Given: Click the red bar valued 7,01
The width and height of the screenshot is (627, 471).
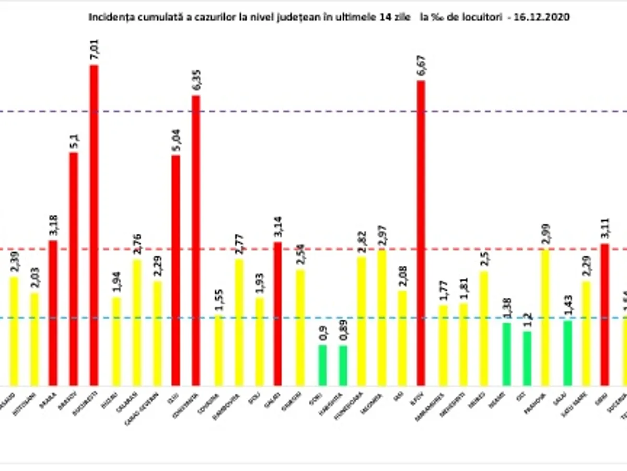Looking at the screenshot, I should point(94,225).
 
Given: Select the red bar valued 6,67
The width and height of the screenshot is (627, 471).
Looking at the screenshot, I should point(421,233).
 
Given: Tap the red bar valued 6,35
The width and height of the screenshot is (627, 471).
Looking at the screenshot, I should point(195,241).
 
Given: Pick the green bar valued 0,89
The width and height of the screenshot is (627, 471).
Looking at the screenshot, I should point(343,365).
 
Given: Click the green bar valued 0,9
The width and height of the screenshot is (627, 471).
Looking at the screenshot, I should point(322,365).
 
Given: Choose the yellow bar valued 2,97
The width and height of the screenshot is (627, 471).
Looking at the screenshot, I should point(382,318).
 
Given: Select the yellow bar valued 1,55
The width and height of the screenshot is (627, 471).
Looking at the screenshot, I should point(218,351).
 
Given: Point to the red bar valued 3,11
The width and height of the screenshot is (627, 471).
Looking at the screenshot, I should point(605,315).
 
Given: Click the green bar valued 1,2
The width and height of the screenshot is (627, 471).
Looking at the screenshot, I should point(527,358).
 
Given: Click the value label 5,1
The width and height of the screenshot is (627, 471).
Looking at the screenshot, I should point(74,142).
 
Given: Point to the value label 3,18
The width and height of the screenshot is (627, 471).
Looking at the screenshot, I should point(53,227).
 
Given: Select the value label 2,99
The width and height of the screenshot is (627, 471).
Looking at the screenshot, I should point(545,236).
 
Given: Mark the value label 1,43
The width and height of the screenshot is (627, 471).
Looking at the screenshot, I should point(567,306).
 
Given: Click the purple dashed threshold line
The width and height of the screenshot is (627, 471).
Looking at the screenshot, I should point(313,111).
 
